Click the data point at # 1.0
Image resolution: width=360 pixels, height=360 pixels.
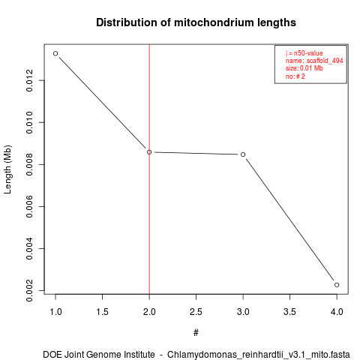(55, 53)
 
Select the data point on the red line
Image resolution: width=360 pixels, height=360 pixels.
(149, 152)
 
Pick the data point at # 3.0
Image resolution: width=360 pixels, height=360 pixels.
(243, 154)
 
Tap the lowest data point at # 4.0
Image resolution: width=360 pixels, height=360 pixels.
(337, 285)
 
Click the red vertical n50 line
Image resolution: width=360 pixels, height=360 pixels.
(149, 169)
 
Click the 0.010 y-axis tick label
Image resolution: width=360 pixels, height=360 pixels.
(29, 122)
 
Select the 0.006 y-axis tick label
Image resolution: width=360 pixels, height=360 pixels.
(29, 206)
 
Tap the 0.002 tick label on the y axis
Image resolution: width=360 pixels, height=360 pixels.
(29, 290)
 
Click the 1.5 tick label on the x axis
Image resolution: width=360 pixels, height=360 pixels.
(102, 312)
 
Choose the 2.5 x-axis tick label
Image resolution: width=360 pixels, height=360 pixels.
(196, 312)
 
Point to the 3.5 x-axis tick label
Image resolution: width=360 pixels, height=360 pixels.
(289, 312)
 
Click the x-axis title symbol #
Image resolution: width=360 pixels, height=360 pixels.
(196, 333)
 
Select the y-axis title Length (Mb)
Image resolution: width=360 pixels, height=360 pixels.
(7, 169)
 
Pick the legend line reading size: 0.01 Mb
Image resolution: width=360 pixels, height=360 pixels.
(304, 68)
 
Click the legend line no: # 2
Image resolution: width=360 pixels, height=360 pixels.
(295, 76)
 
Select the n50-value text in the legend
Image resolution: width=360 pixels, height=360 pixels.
(308, 53)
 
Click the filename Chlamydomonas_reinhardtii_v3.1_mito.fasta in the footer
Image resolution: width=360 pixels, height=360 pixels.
(259, 355)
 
